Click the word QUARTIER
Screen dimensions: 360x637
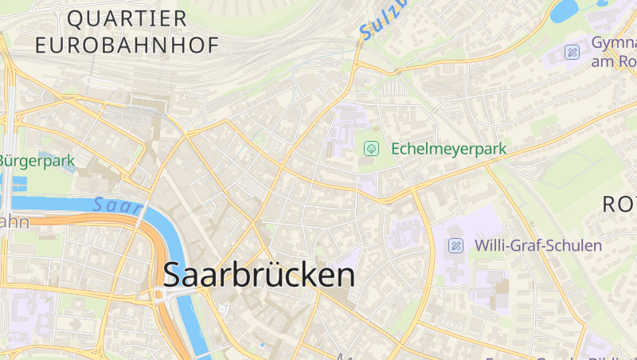127,18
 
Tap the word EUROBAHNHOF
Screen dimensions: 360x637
127,45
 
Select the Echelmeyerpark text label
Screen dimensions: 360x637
448,149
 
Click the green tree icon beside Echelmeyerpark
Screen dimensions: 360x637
371,148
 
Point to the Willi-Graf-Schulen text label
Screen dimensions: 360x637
538,245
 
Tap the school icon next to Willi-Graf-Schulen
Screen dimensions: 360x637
456,245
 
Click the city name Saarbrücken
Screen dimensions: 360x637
259,275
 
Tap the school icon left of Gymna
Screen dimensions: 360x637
572,53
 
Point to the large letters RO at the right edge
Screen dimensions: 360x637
619,204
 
